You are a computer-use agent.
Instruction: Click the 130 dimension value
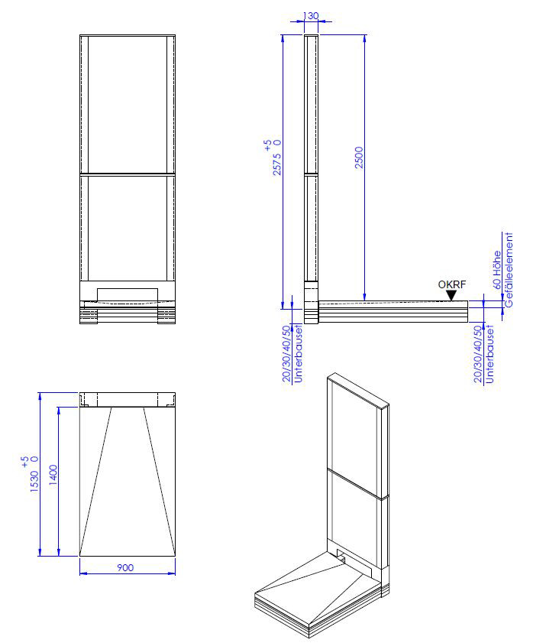click(311, 15)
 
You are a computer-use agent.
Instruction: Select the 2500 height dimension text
click(359, 157)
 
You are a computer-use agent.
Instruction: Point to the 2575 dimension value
click(277, 164)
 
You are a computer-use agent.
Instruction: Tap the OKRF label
click(451, 284)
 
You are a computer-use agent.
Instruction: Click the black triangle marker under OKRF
click(451, 295)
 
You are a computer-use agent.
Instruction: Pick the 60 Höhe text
click(496, 270)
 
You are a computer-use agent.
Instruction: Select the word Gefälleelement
click(509, 270)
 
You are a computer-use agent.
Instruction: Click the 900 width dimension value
click(125, 567)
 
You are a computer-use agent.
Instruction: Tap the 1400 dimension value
click(53, 476)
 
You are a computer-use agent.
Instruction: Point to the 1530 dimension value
click(34, 481)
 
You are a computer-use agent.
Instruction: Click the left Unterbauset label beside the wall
click(298, 353)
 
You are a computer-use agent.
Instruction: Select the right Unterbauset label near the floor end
click(490, 354)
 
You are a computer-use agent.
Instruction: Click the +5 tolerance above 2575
click(267, 145)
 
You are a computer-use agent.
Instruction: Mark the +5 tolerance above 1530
click(24, 462)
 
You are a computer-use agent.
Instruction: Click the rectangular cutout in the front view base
click(128, 294)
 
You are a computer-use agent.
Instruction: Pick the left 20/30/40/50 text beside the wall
click(286, 353)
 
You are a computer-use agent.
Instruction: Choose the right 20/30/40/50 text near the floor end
click(478, 354)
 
